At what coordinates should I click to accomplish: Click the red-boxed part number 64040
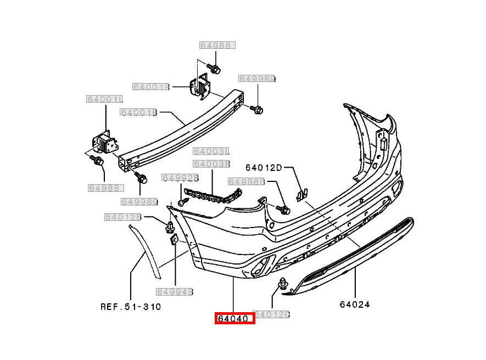pos(234,318)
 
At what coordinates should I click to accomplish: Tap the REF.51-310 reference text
pos(131,307)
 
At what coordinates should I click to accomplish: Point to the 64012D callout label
pos(263,168)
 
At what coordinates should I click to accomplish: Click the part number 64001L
pos(104,99)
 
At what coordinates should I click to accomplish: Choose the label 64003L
pos(210,151)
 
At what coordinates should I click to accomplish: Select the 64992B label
pos(180,178)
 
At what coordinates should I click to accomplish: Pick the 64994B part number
pos(175,292)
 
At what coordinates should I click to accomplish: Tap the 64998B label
pos(247,181)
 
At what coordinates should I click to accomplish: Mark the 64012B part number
pos(123,218)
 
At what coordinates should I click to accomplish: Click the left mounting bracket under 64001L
pos(105,143)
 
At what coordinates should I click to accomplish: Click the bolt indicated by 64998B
pos(284,209)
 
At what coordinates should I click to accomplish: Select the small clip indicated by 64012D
pos(301,193)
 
